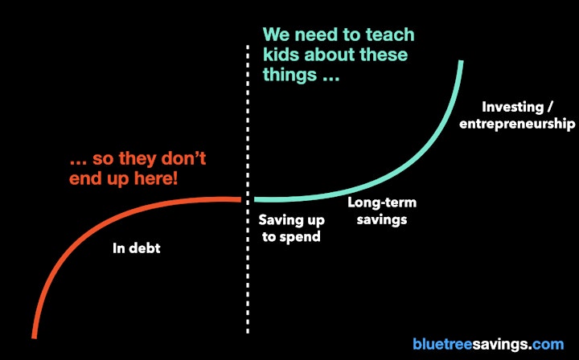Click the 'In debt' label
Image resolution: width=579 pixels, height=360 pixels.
[x=137, y=247]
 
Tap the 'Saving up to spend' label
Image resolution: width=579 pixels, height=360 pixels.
[x=291, y=228]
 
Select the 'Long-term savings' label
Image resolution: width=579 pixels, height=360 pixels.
[x=382, y=211]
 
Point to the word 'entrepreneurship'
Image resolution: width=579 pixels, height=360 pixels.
[x=517, y=124]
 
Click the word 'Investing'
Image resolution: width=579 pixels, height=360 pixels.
[x=512, y=107]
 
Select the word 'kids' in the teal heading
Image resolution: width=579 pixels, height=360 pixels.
[x=281, y=55]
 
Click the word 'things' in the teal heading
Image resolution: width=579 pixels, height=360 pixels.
[x=289, y=76]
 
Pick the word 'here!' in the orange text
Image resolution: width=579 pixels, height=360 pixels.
[x=155, y=178]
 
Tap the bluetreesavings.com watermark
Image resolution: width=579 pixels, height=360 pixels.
[x=488, y=344]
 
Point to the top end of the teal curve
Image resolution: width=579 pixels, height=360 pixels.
[x=461, y=61]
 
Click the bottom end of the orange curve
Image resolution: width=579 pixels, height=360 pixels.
[x=34, y=337]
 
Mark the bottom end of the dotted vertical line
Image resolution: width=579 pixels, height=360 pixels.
[x=248, y=333]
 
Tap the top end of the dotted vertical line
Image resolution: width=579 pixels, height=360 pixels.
[x=248, y=46]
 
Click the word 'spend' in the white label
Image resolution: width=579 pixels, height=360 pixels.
[x=300, y=237]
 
